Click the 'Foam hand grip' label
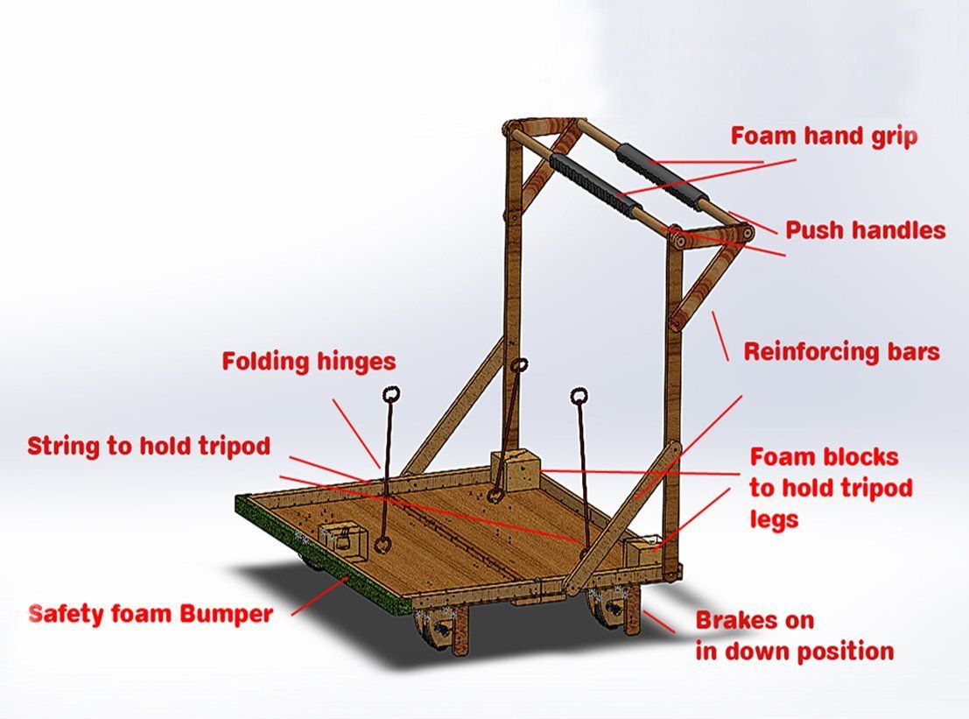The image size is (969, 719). coord(824,137)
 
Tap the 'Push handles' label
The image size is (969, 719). coord(865,230)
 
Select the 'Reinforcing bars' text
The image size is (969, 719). coord(841,352)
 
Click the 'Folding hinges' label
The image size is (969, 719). coord(308,361)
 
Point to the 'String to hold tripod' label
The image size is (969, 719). coord(149,446)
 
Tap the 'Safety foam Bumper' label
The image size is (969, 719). coord(151,614)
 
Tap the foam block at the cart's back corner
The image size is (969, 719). coord(516,469)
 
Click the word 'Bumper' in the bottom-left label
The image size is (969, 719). coord(227,614)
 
